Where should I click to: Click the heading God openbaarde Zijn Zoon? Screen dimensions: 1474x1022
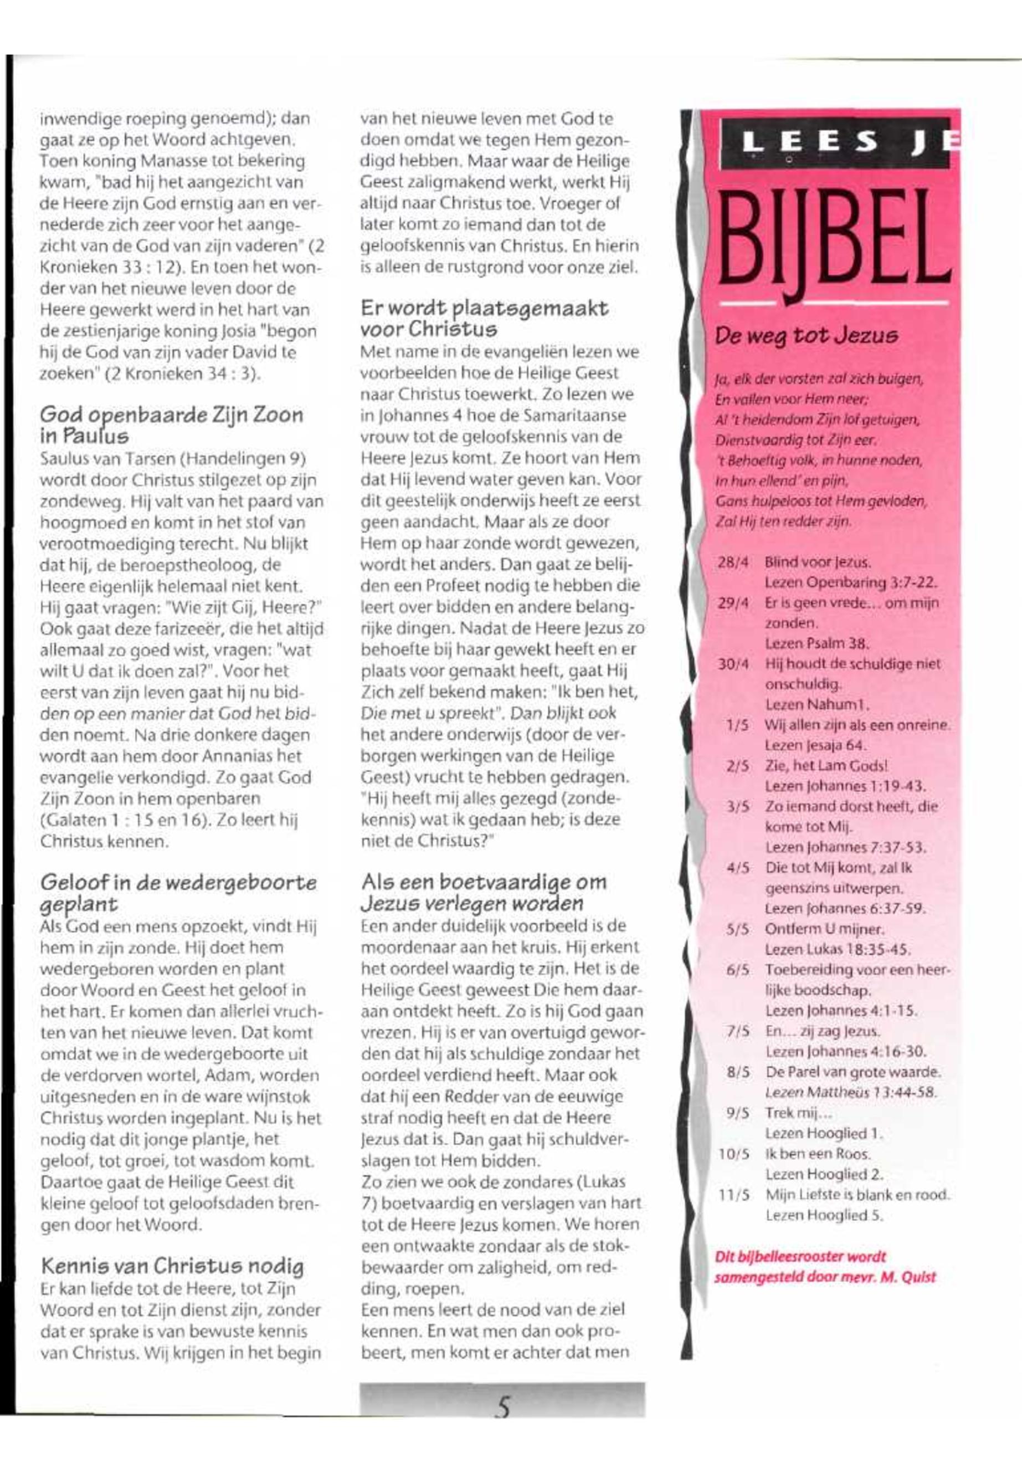click(x=172, y=415)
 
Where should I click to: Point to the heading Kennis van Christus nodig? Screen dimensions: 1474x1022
click(x=172, y=1266)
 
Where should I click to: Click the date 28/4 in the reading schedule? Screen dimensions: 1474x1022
click(x=734, y=562)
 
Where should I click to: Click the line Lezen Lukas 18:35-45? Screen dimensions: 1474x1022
click(x=837, y=949)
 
